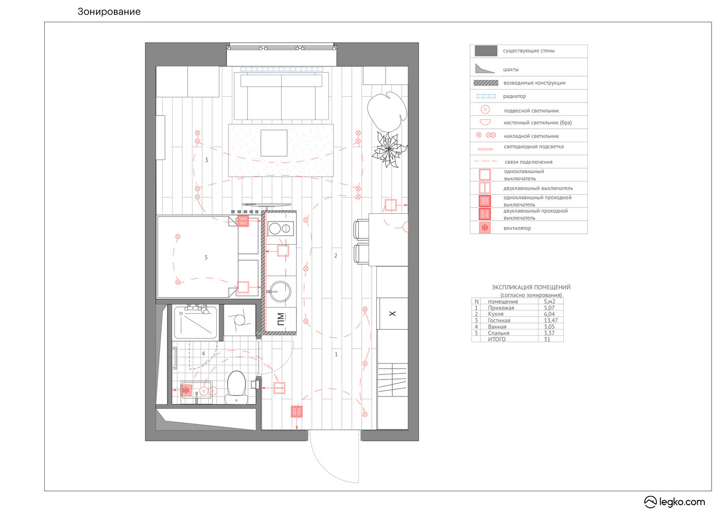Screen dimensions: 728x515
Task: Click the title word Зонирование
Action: coord(109,12)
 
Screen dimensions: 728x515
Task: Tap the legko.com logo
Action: coord(674,502)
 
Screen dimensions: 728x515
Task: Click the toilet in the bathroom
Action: coord(236,387)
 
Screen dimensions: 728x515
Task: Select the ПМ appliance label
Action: coord(281,319)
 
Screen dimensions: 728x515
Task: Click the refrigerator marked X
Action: coord(392,314)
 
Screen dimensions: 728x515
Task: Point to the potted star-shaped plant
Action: coord(389,149)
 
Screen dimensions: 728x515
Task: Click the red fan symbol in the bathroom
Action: coord(186,390)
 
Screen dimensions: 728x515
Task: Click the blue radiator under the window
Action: coord(282,69)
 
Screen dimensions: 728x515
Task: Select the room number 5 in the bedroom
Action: coord(206,257)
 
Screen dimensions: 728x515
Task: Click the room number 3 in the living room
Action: coord(206,160)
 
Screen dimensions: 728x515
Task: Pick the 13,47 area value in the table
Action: coord(550,320)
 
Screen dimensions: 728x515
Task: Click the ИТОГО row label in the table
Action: coord(497,339)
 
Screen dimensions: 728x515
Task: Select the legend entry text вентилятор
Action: coord(517,228)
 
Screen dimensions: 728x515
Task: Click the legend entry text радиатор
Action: coord(514,96)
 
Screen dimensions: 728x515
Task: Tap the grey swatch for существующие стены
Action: coord(486,51)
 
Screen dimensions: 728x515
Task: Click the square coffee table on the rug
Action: coord(274,143)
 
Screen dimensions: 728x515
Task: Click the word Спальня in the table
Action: coord(498,333)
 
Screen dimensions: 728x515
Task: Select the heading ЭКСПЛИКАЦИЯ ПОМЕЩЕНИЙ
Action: coord(531,287)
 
